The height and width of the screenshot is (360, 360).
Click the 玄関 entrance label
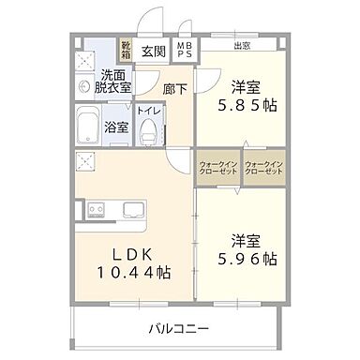click(x=153, y=52)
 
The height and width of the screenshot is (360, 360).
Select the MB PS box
click(x=185, y=51)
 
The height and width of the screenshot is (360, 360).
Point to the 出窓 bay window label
click(x=242, y=45)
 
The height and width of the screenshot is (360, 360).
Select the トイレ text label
click(x=148, y=110)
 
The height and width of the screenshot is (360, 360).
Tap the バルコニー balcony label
click(x=178, y=329)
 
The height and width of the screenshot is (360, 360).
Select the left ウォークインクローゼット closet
click(x=218, y=169)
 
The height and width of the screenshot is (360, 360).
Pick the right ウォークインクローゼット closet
click(x=263, y=169)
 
